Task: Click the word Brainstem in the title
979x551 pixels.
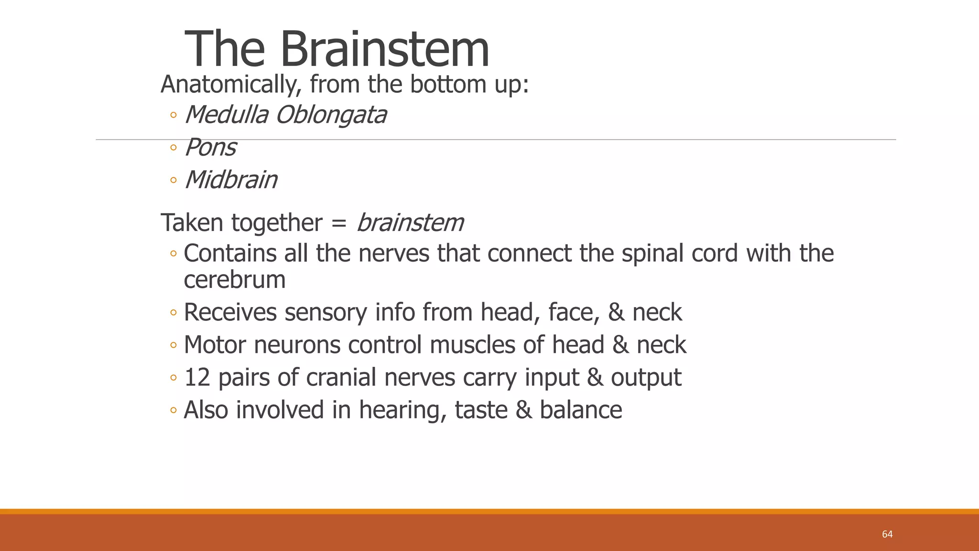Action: click(x=384, y=49)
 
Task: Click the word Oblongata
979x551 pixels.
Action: click(x=331, y=115)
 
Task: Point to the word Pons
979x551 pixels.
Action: click(x=210, y=147)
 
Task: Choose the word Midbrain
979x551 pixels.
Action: click(x=231, y=180)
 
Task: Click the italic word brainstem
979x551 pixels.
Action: click(x=410, y=223)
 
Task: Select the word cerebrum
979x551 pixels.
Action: click(x=234, y=279)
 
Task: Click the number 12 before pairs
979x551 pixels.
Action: click(x=197, y=377)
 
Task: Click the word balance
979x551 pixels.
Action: click(x=581, y=410)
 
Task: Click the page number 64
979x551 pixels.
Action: click(x=887, y=534)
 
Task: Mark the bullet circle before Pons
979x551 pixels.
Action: click(x=173, y=148)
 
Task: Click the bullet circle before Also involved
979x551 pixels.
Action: click(x=173, y=410)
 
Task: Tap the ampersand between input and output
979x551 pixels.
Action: click(x=595, y=377)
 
